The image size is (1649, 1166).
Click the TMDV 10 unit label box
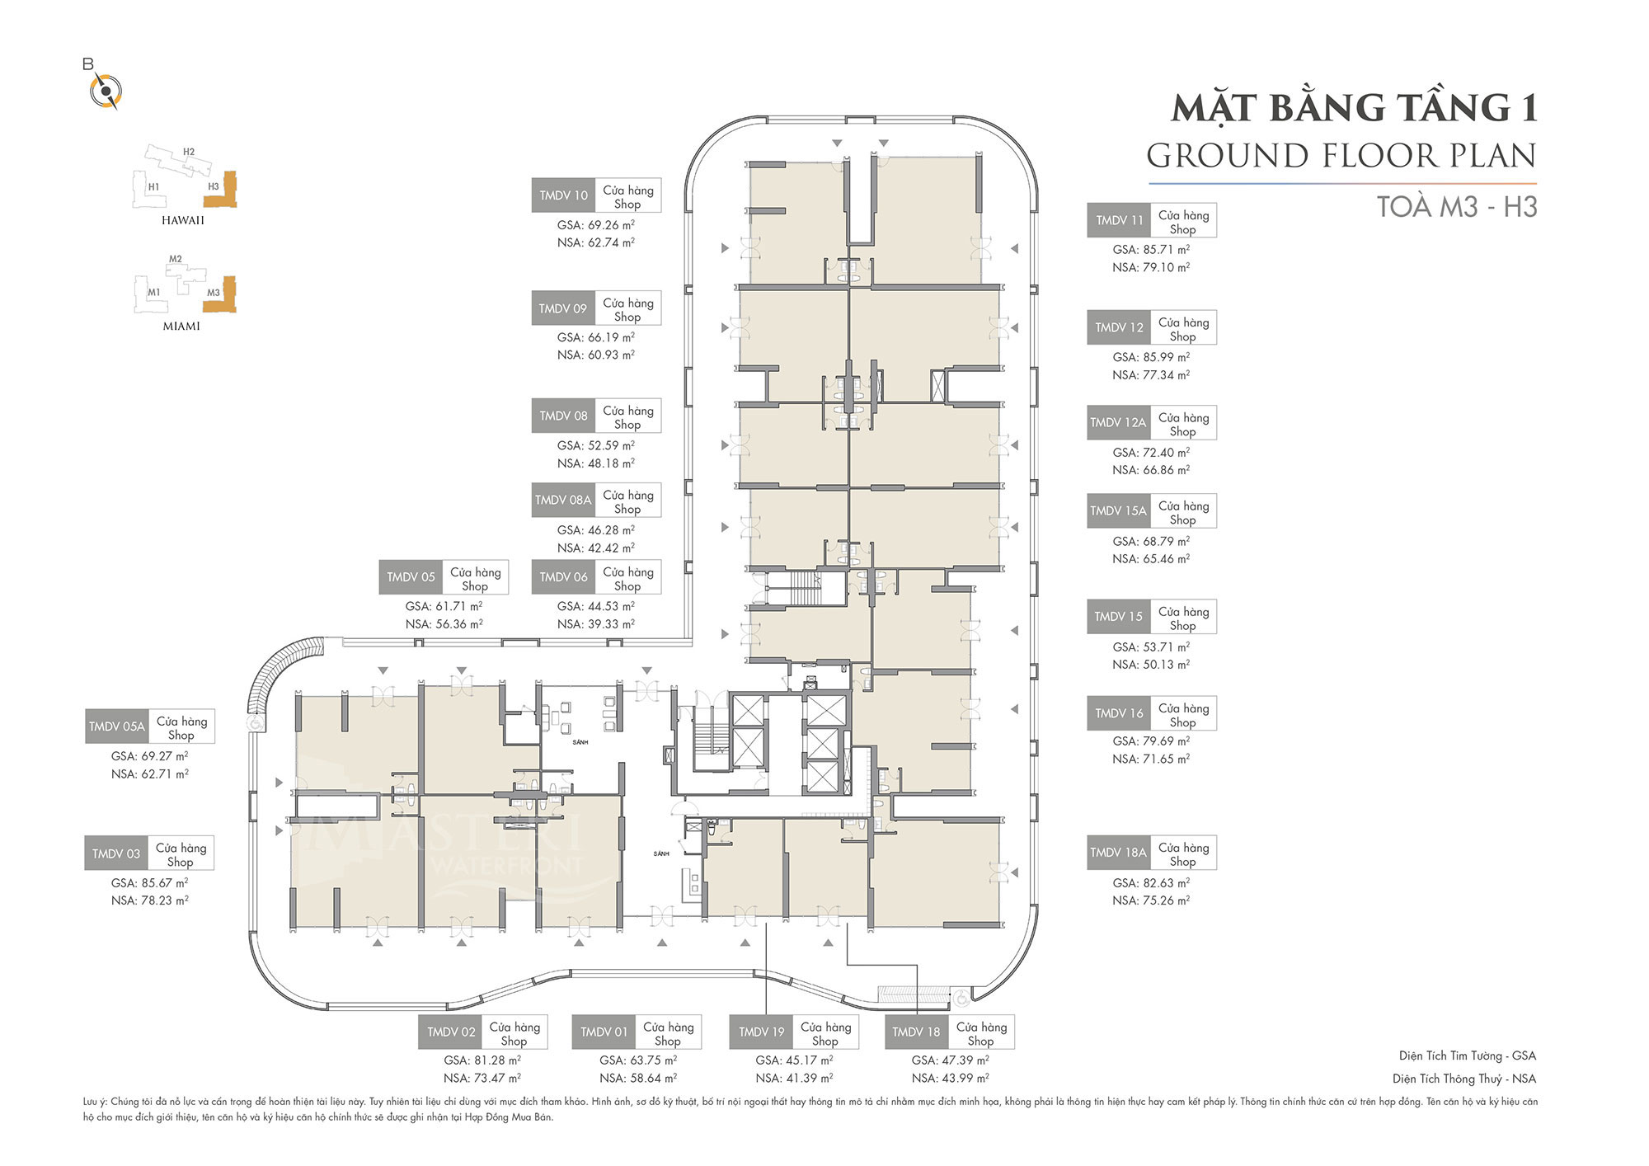click(x=563, y=195)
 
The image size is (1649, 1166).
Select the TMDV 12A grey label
click(x=1118, y=422)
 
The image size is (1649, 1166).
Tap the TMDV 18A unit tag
click(x=1118, y=853)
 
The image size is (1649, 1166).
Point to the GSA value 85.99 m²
click(x=1151, y=357)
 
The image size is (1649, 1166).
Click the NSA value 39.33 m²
click(x=596, y=624)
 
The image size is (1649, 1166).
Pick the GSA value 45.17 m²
click(x=794, y=1060)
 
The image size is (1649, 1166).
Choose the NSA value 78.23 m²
click(x=150, y=900)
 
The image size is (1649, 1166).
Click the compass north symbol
click(x=106, y=90)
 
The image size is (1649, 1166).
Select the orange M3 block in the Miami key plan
click(x=220, y=294)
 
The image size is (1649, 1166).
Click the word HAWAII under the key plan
click(x=183, y=220)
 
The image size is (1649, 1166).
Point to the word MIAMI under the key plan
click(x=181, y=327)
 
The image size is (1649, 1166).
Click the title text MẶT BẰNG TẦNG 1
click(x=1355, y=108)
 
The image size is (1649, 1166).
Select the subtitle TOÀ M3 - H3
click(x=1457, y=206)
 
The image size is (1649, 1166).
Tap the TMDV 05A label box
click(x=116, y=726)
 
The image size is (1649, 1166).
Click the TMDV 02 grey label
click(x=451, y=1032)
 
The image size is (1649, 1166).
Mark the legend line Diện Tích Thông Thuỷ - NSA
click(x=1464, y=1079)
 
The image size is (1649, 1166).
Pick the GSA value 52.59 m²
click(x=596, y=445)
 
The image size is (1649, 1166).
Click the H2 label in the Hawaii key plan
click(x=189, y=152)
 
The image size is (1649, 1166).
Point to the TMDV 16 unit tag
click(x=1119, y=713)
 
